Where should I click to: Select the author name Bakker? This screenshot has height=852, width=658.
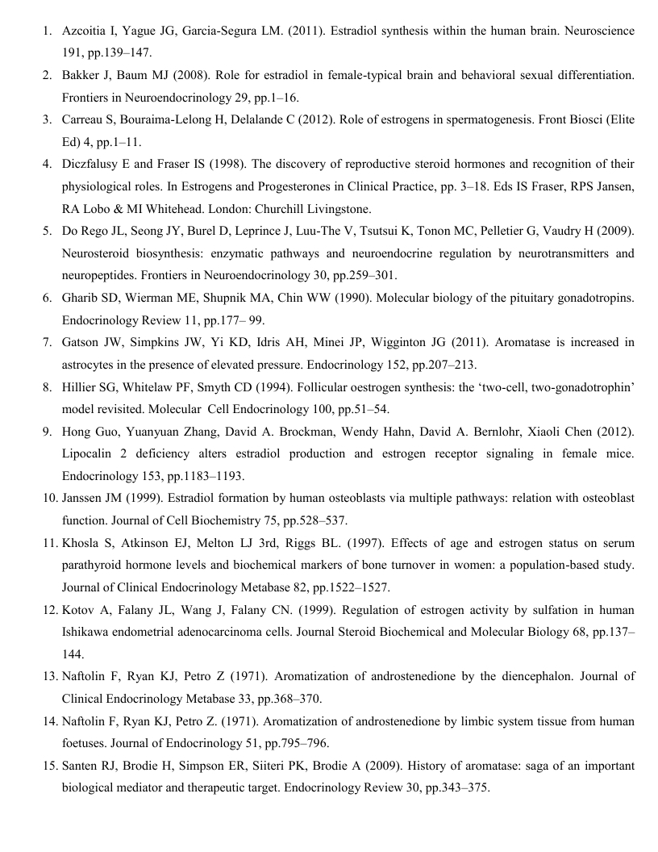81,75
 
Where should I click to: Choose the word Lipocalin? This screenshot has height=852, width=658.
88,453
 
